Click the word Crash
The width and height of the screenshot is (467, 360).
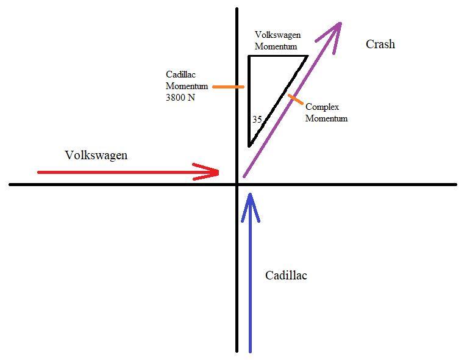[x=380, y=45]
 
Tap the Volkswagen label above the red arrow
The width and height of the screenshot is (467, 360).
[x=96, y=156]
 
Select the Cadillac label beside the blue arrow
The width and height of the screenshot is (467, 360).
[x=286, y=276]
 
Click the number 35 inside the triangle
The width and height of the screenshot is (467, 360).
[x=257, y=120]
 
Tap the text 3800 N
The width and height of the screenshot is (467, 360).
[x=180, y=98]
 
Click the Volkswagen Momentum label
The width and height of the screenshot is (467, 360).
[x=277, y=41]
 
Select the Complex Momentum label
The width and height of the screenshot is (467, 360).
[x=326, y=113]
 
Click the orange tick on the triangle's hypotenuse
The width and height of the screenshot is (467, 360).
[x=294, y=98]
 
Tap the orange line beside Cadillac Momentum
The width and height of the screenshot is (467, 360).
[x=228, y=87]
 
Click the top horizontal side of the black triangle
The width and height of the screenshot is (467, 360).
[x=277, y=56]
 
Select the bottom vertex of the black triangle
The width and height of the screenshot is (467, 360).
[x=249, y=146]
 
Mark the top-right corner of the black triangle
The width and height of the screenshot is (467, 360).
[x=307, y=56]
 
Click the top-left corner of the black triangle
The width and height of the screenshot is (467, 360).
[x=249, y=56]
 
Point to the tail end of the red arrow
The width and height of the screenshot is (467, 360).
[x=39, y=172]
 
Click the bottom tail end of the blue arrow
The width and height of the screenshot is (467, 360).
[x=250, y=351]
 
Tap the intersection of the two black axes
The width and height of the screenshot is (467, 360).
[x=237, y=184]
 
